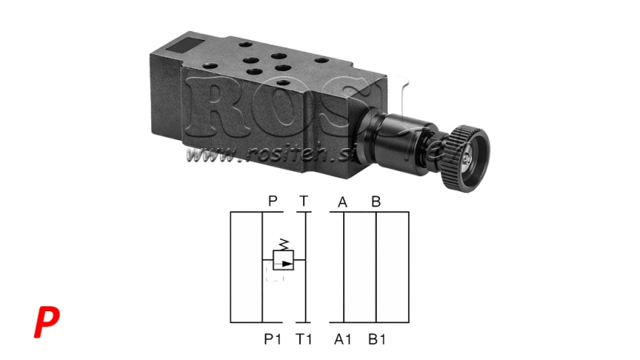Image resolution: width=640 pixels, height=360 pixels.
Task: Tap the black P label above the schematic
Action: (x=272, y=202)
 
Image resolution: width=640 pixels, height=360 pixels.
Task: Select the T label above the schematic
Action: (x=303, y=202)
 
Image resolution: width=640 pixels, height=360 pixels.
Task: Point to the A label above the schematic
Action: (x=342, y=202)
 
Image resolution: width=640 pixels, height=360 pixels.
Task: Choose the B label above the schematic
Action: (x=375, y=202)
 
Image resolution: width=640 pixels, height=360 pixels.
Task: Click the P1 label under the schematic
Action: (x=273, y=339)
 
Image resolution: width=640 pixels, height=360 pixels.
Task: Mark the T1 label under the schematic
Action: (x=304, y=339)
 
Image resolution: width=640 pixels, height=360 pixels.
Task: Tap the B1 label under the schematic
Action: (x=377, y=339)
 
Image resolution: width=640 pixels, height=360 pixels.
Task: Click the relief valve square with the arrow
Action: (x=283, y=260)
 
